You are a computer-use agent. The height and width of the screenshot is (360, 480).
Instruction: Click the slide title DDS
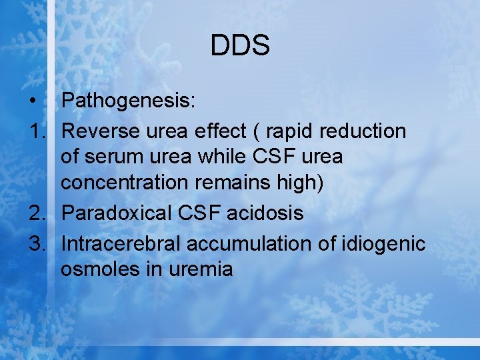[240, 46]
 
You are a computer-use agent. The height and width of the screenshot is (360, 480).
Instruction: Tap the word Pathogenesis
[127, 101]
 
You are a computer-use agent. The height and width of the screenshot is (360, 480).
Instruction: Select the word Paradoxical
[117, 213]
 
